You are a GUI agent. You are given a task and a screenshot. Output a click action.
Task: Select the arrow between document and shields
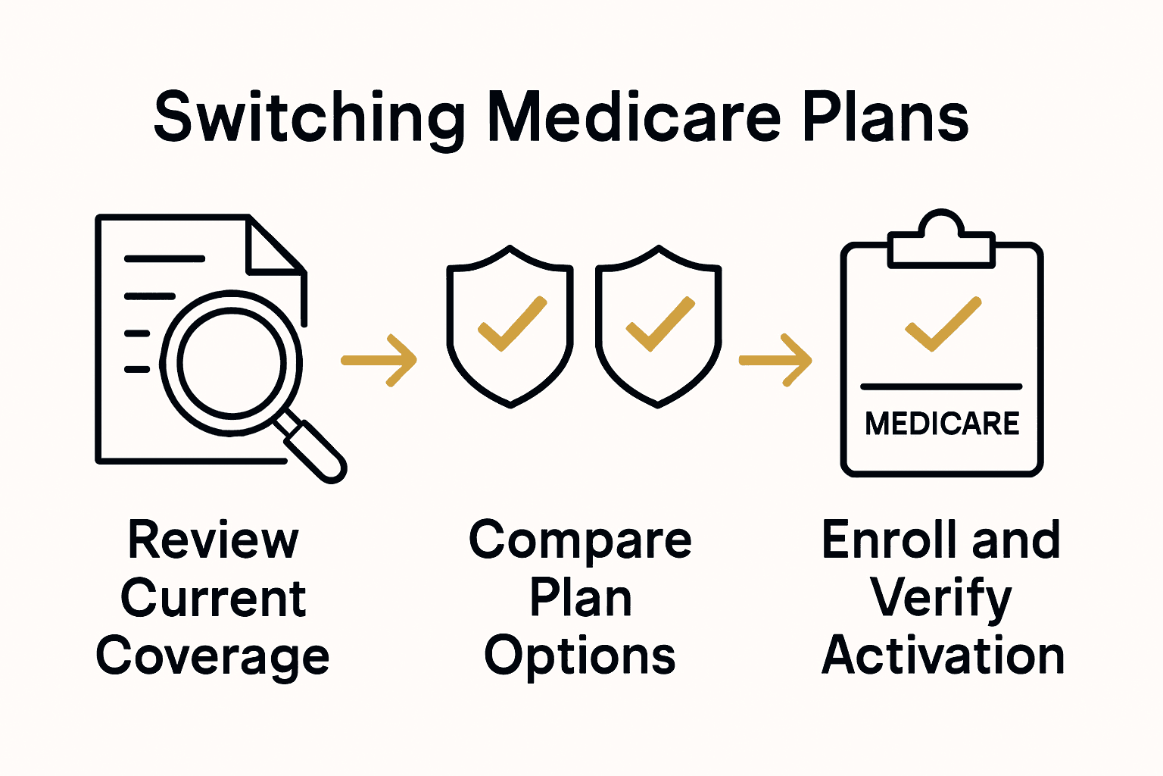coord(379,361)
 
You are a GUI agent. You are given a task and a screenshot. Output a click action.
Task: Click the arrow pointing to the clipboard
coord(775,361)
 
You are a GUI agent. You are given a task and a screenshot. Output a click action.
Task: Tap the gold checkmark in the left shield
coord(512,324)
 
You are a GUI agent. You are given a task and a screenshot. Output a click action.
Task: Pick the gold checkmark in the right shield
coord(660,324)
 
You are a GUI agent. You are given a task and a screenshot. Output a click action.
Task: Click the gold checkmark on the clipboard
coord(943,324)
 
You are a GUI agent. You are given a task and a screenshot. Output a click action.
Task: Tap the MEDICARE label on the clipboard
coord(942,424)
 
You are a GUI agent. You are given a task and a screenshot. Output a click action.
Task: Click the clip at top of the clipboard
coord(940,241)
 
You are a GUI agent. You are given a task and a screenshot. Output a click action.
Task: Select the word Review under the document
coord(214,540)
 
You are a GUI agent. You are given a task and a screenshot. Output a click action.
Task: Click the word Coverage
coord(213,657)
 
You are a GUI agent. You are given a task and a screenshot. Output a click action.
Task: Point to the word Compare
coord(580,540)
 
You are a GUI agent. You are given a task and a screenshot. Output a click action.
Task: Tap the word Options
coord(580,657)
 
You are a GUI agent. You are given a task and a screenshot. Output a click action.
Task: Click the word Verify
coord(940,599)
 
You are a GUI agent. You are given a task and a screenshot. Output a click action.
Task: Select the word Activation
coord(943,656)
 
